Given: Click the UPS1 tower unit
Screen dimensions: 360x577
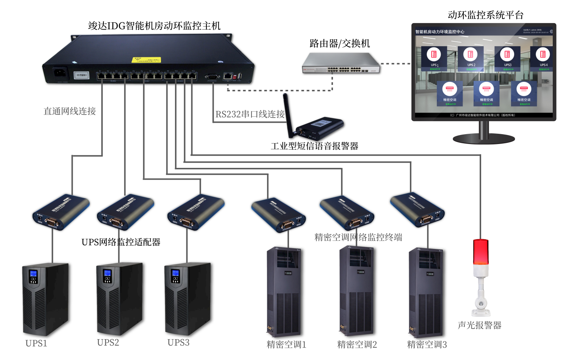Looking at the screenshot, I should point(45,299).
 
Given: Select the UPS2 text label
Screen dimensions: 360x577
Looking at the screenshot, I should point(108,343).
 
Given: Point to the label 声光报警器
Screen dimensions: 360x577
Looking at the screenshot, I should point(479,325).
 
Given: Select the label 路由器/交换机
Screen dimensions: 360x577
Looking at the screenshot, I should point(339,44).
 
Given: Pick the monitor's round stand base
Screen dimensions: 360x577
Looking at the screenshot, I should point(484,138).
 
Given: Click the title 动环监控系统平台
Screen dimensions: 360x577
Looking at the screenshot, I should point(485,15).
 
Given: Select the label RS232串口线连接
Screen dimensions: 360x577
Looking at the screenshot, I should point(250,114).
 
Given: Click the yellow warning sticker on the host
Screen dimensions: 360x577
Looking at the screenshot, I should point(146,60).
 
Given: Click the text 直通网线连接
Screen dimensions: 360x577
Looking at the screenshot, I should point(70,111).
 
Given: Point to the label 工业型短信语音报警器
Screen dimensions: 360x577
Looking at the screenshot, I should point(314,146).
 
